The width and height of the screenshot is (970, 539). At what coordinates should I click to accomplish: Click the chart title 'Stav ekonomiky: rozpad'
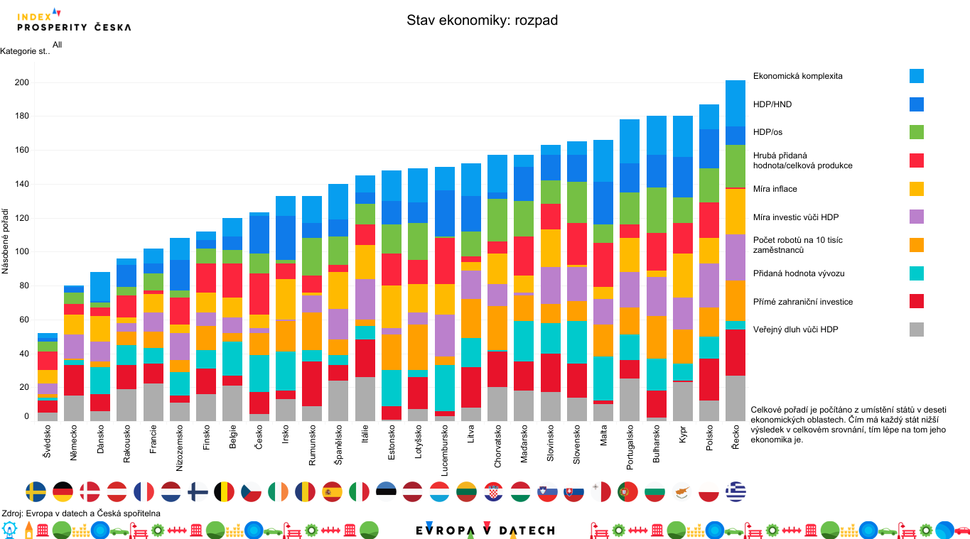click(482, 20)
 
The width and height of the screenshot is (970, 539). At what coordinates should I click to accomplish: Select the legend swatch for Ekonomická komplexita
click(916, 76)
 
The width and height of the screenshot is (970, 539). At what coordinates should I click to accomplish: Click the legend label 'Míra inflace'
click(775, 189)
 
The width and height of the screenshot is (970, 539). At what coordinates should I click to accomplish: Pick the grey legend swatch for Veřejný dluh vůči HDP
click(916, 330)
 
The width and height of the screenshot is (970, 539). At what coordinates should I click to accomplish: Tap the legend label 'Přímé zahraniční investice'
click(802, 302)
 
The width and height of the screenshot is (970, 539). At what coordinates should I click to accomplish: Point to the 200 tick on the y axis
click(21, 82)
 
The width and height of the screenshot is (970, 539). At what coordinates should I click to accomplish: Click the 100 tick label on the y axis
click(21, 251)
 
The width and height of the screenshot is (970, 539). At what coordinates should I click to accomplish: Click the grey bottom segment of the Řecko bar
click(735, 398)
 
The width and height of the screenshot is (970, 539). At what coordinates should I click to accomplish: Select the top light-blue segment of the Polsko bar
click(709, 116)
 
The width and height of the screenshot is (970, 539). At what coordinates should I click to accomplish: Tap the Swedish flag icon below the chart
click(36, 491)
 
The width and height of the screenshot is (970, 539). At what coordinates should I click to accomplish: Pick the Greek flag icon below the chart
click(735, 491)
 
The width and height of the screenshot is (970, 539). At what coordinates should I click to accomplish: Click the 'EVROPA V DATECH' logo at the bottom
click(485, 530)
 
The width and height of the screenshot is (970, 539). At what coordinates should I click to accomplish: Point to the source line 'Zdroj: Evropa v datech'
click(81, 513)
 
